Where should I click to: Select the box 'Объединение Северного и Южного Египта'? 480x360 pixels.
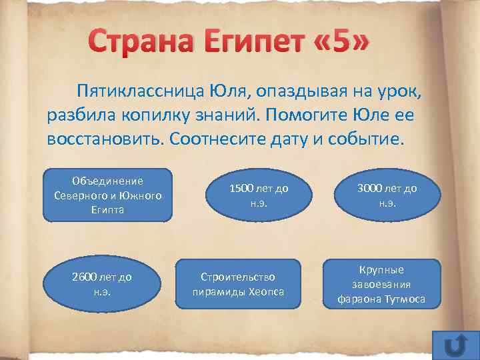point(107,195)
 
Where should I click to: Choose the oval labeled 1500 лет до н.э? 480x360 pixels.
point(258,195)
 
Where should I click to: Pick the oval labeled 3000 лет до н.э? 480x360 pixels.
point(387,195)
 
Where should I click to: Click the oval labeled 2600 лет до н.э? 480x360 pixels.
point(102,283)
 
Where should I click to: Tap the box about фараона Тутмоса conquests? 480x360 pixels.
point(381,284)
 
